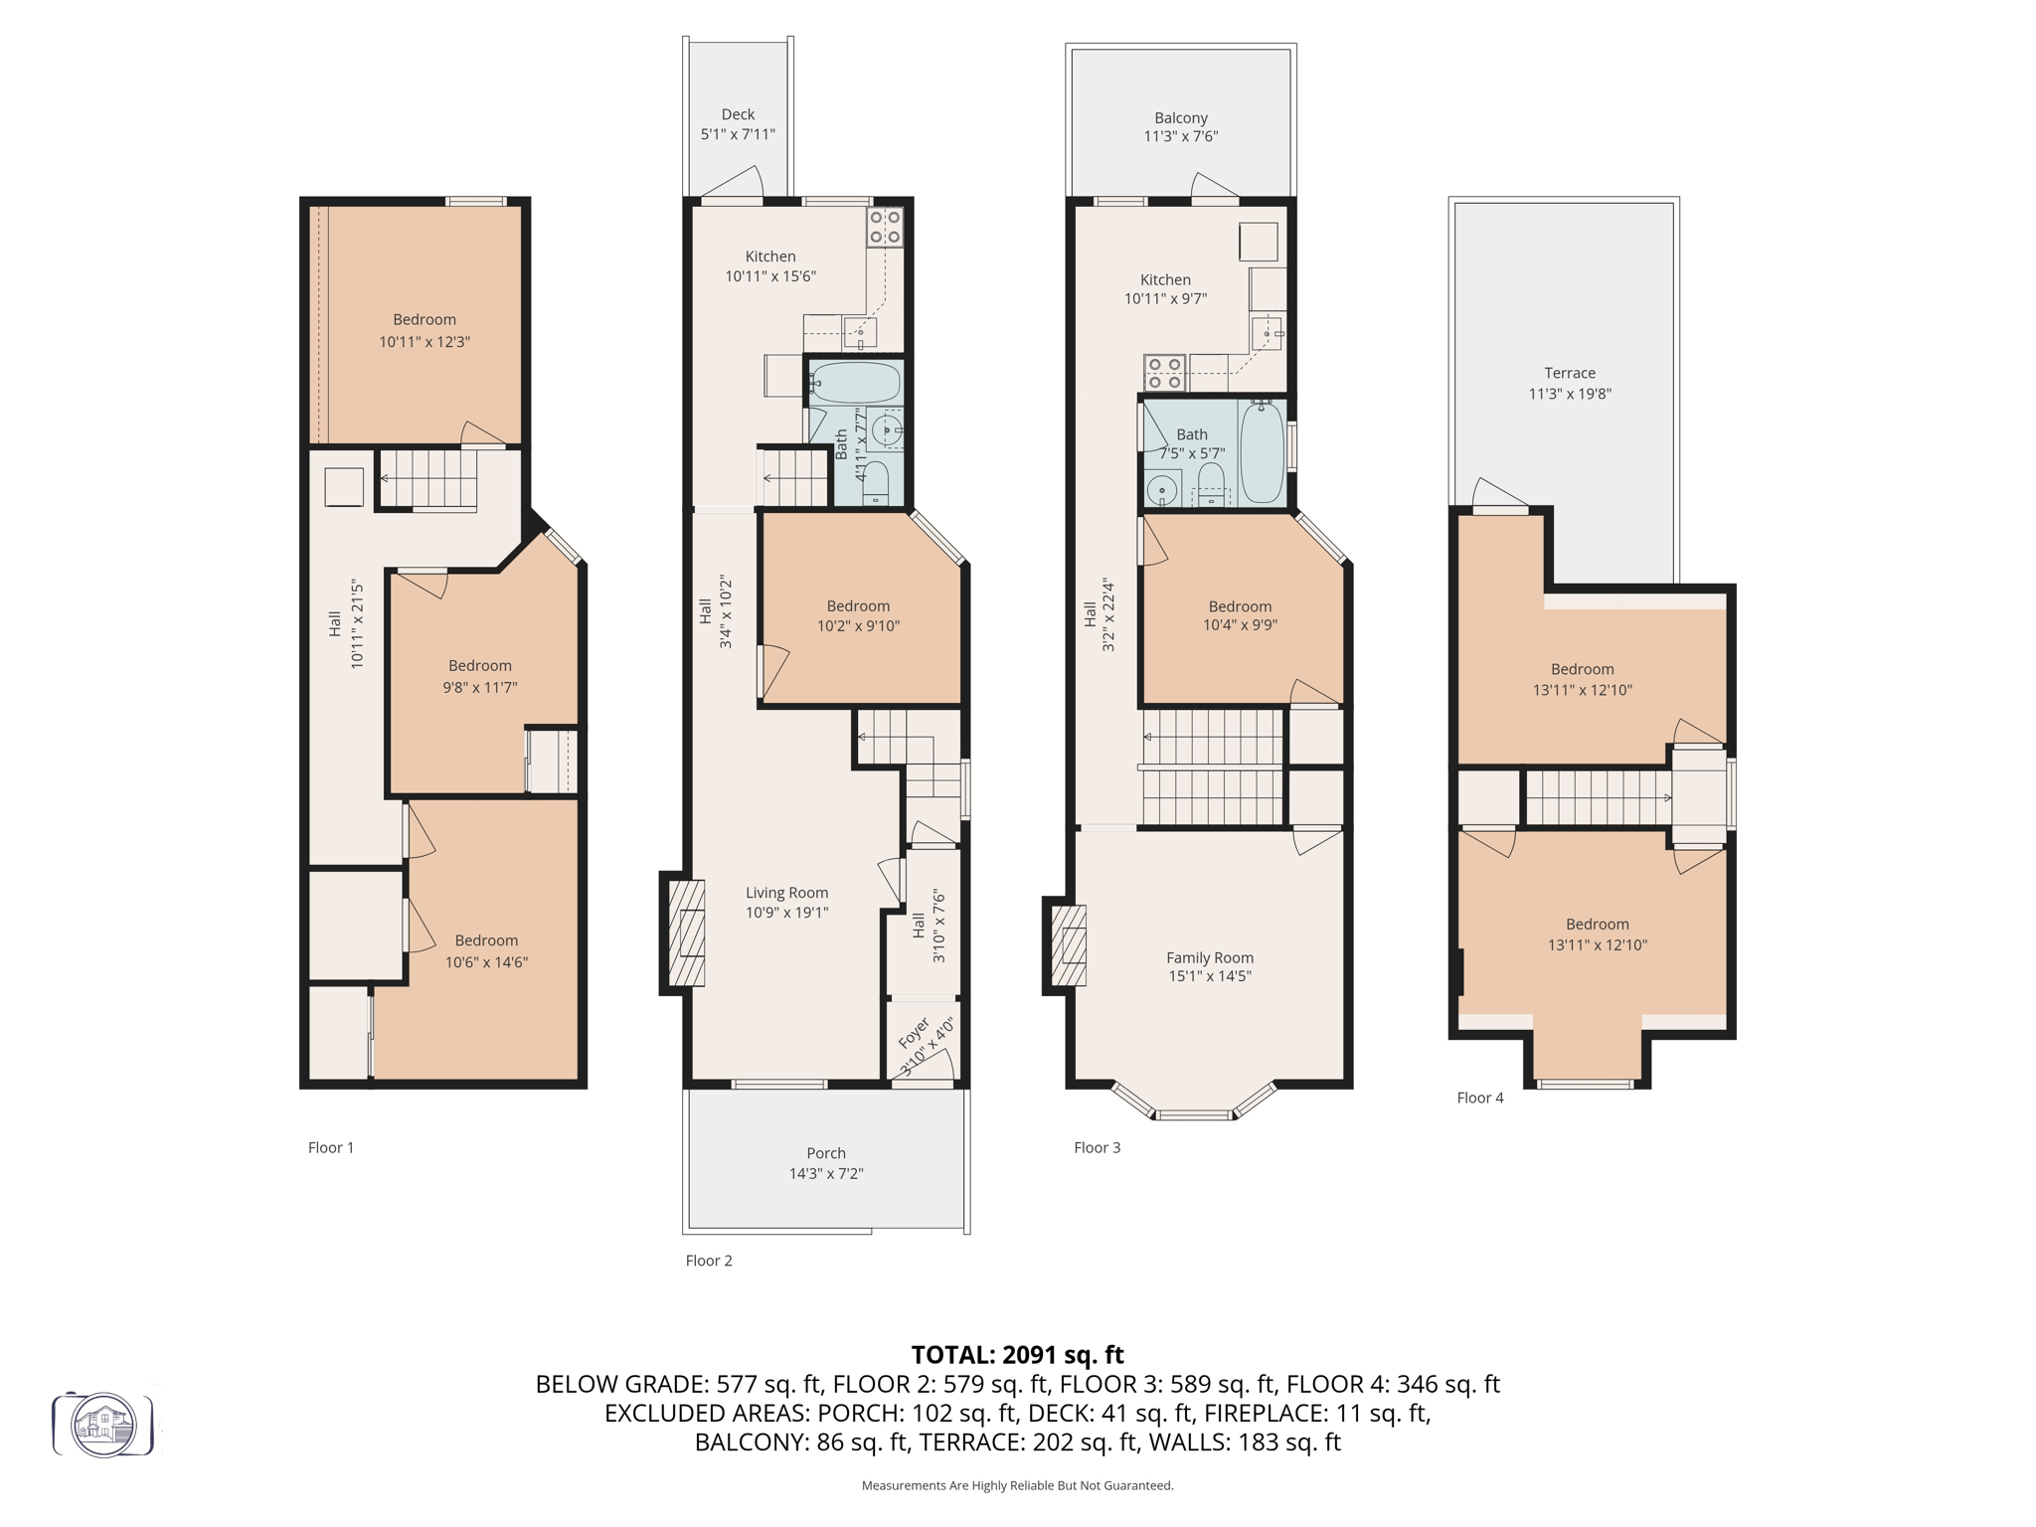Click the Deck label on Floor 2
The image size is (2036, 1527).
(x=738, y=114)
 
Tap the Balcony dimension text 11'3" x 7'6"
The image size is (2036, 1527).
(x=1180, y=136)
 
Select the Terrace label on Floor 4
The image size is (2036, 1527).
(x=1569, y=373)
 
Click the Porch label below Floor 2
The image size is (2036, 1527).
(x=825, y=1153)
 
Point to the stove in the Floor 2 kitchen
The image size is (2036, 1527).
(x=885, y=227)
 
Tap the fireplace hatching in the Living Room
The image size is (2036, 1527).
(x=686, y=933)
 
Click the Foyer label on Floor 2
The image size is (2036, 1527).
(x=914, y=1034)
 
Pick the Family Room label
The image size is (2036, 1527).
(x=1209, y=957)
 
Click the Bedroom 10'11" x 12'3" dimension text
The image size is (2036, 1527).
(x=424, y=341)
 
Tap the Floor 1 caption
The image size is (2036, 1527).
(x=330, y=1147)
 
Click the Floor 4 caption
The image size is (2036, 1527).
(x=1479, y=1098)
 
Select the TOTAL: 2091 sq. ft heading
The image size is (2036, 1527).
(x=1017, y=1355)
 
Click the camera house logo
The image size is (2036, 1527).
(x=103, y=1425)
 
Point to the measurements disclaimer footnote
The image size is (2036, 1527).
(x=1017, y=1485)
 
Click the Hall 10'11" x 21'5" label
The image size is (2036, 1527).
(x=346, y=624)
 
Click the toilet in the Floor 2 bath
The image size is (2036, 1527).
(x=875, y=479)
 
